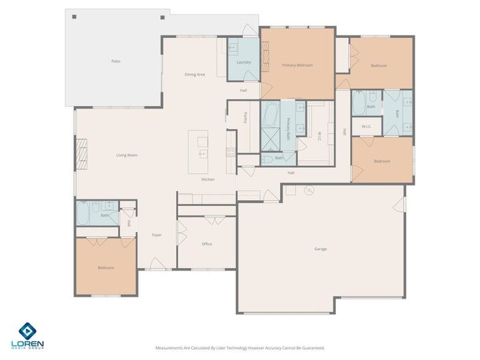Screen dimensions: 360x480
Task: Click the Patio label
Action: (x=116, y=61)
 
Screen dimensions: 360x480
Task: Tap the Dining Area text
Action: (x=195, y=74)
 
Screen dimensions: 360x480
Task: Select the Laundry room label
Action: (x=243, y=62)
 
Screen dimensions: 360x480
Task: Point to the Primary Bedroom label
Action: (x=297, y=65)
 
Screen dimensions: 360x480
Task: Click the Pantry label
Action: (x=245, y=117)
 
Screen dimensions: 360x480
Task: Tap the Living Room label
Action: (x=127, y=155)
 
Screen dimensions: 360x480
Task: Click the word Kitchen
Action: (x=208, y=180)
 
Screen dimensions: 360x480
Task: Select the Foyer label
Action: (x=157, y=235)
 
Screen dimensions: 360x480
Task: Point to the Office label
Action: (x=207, y=244)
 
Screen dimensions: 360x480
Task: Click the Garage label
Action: (x=321, y=249)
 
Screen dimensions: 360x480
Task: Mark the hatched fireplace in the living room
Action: (x=82, y=154)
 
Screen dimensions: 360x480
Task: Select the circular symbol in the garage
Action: (x=308, y=191)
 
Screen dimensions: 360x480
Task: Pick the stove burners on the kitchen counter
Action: (x=231, y=152)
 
